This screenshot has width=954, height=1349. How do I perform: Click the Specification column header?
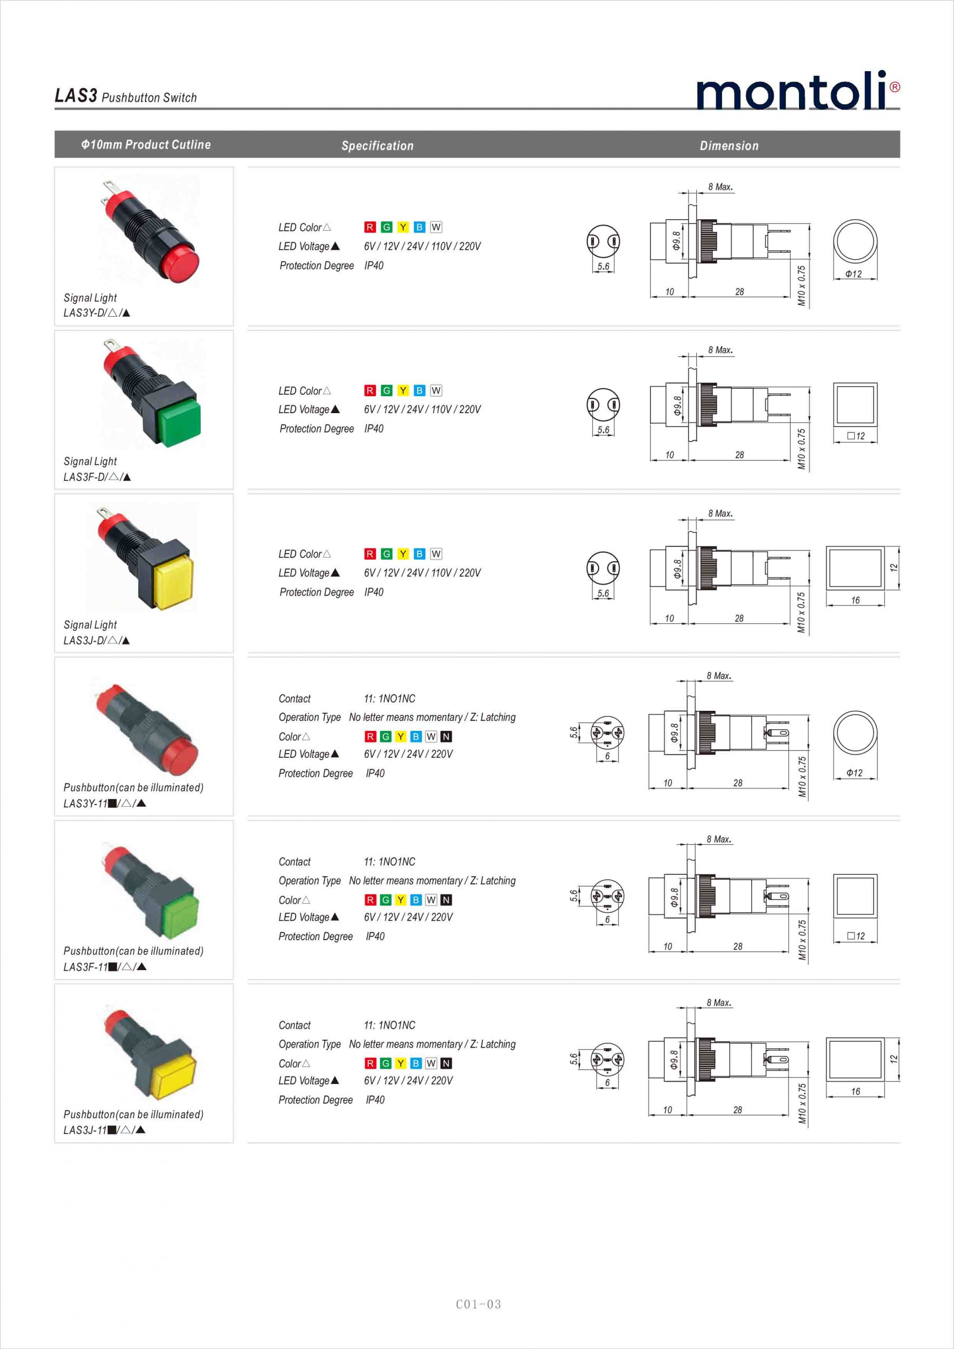tap(377, 146)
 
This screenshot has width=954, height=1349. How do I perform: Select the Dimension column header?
tap(729, 146)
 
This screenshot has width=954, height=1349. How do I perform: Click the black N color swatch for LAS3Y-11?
tap(446, 736)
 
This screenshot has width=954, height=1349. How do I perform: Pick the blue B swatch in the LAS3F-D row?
tap(419, 390)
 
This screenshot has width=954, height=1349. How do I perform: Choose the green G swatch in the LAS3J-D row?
tap(386, 554)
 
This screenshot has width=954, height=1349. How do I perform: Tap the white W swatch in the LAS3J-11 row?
tap(431, 1063)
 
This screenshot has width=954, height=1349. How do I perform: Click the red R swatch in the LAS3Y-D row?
tap(369, 227)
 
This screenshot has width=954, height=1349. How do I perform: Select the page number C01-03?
tap(479, 1304)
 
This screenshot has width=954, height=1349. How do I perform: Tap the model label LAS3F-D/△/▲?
tap(97, 477)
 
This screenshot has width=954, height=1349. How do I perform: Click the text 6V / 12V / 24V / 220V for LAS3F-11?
tap(408, 917)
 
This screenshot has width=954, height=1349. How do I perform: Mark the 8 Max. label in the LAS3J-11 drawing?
tap(719, 1002)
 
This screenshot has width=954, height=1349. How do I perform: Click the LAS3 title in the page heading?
tap(76, 96)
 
